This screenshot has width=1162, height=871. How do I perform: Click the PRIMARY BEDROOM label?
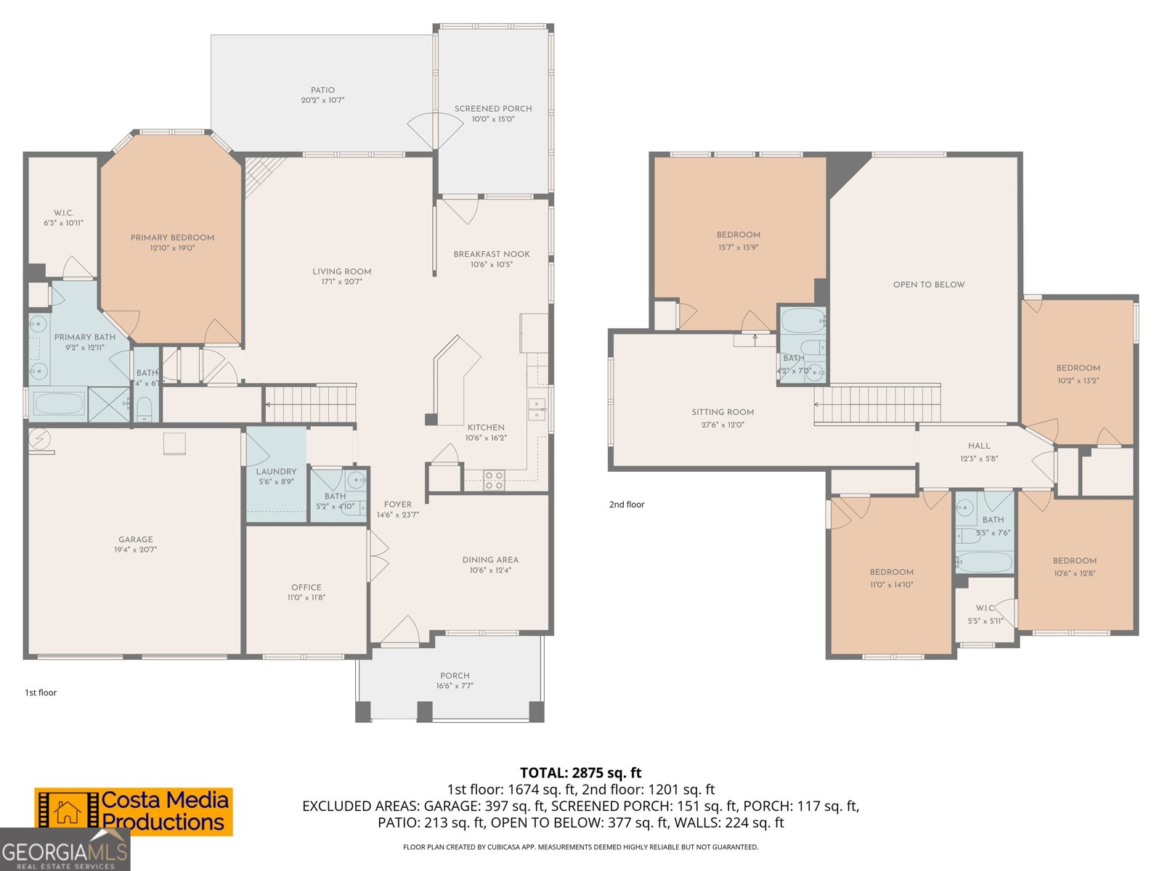tap(172, 237)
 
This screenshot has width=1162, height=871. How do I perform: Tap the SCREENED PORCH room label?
tap(493, 109)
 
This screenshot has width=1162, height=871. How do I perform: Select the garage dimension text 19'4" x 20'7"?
tap(136, 550)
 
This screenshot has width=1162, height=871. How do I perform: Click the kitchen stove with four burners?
tap(494, 481)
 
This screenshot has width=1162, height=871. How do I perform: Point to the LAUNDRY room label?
tap(276, 471)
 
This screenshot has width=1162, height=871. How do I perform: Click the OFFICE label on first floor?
tap(306, 587)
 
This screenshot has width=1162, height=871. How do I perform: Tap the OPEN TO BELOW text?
tap(928, 285)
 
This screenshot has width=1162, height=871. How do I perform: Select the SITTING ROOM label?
tap(722, 412)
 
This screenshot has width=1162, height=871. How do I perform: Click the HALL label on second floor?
tap(978, 446)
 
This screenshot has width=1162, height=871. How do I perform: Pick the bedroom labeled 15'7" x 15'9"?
tap(738, 241)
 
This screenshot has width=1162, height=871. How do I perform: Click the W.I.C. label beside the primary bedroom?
tap(63, 213)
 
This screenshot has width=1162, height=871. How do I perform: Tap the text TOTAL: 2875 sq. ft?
tap(580, 772)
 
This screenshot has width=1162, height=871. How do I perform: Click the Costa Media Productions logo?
tap(134, 811)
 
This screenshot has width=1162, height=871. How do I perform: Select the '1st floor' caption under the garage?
tap(41, 692)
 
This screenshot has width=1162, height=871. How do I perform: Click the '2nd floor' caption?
tap(626, 504)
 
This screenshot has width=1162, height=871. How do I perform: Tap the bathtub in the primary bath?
tap(58, 404)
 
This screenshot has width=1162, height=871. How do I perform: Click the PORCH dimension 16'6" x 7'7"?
tap(455, 686)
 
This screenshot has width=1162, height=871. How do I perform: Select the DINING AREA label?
tap(490, 560)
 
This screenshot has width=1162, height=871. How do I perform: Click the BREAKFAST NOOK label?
tap(492, 254)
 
